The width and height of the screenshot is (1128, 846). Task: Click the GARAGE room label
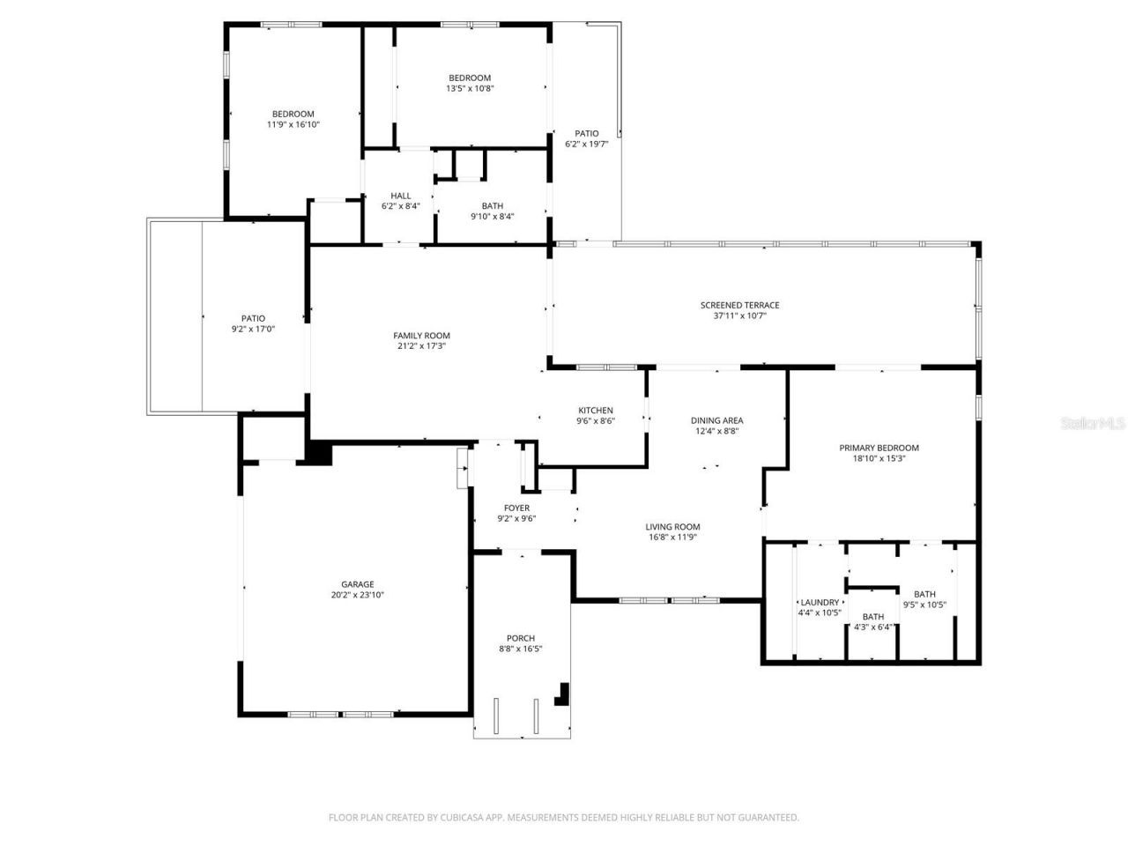click(358, 584)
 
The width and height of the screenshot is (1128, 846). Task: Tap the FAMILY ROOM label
click(421, 336)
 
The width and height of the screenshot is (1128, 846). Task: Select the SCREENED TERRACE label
click(739, 306)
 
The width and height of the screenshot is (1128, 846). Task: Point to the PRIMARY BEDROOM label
click(879, 448)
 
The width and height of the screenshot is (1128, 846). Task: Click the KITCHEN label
click(596, 411)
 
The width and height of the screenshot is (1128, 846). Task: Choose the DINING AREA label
click(716, 420)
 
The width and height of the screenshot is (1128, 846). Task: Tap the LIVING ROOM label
click(672, 527)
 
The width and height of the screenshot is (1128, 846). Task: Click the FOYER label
click(516, 508)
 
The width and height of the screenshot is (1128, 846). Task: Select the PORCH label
click(520, 639)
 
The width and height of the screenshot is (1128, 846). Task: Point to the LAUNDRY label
click(820, 603)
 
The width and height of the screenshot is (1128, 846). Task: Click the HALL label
click(401, 196)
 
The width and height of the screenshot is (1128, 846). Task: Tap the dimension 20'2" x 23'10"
click(358, 595)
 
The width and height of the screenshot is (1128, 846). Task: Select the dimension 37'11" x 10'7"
click(739, 315)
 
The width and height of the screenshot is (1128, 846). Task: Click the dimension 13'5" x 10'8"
click(470, 88)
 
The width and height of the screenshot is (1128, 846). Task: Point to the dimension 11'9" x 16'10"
click(293, 124)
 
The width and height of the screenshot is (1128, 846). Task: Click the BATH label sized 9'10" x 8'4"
click(493, 206)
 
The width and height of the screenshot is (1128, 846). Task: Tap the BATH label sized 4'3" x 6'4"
click(873, 617)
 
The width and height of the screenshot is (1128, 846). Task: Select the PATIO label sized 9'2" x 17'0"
click(253, 319)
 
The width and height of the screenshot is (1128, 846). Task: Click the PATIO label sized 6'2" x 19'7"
click(586, 134)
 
